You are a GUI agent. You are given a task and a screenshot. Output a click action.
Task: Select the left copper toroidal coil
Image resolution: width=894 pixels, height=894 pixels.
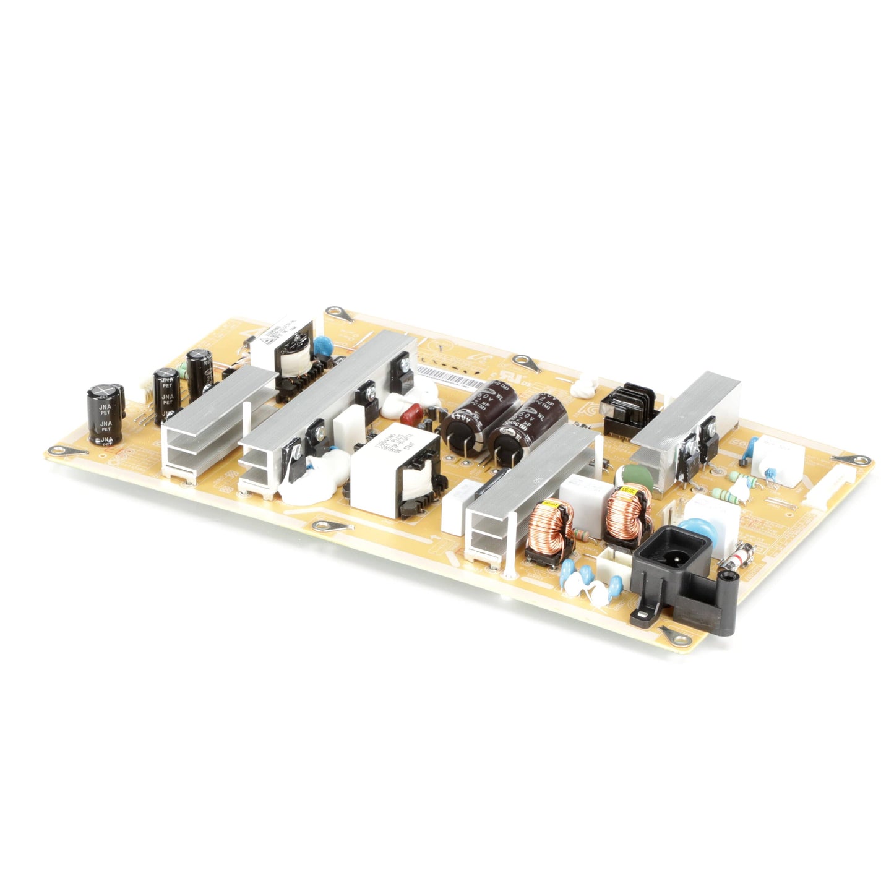tap(549, 526)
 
